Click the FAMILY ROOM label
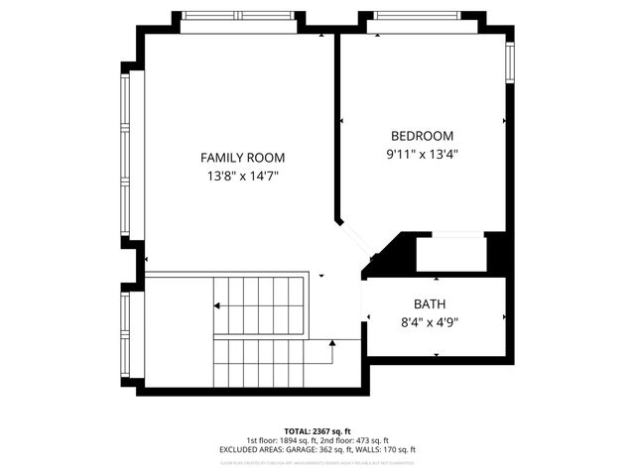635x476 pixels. pos(242,158)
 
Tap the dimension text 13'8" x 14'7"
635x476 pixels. pos(242,177)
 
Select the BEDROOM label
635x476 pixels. pos(422,136)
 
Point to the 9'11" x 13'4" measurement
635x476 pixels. pos(422,154)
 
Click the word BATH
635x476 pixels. pos(429,303)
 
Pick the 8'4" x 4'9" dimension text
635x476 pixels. pos(429,321)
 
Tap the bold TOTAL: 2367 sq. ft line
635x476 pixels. pos(317,430)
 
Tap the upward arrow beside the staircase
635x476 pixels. pos(332,343)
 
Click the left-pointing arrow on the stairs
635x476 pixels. pos(217,306)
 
